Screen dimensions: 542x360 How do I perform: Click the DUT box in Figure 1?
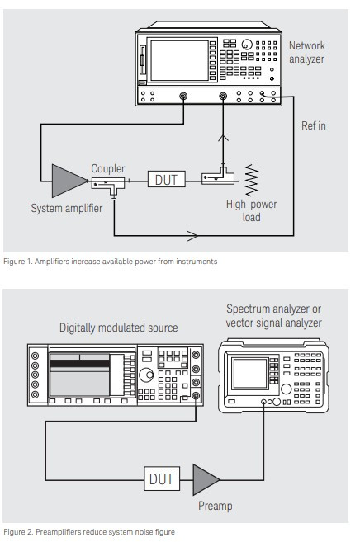167,177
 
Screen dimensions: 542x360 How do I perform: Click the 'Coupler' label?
107,168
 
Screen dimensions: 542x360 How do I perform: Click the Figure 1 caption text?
110,262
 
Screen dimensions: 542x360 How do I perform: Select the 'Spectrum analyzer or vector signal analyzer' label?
272,315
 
